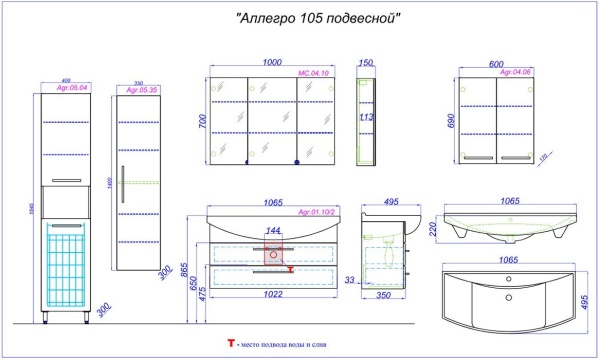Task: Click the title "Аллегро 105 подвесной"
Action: (x=319, y=19)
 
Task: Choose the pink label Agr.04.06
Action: (x=514, y=72)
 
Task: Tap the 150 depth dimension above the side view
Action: (x=365, y=62)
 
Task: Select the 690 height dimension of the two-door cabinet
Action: (x=452, y=121)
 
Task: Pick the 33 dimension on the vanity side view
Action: (x=349, y=282)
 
